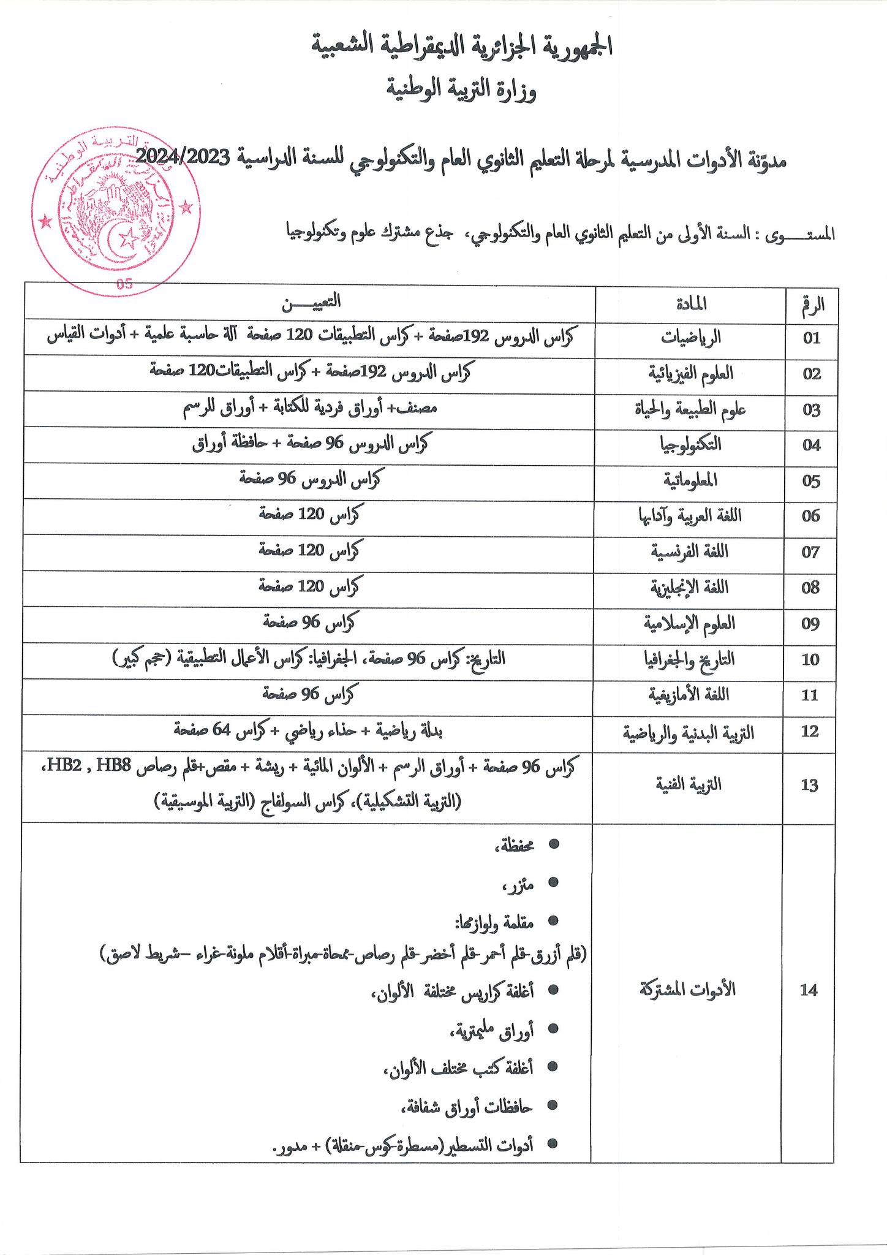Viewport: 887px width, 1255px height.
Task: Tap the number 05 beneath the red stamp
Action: coord(124,284)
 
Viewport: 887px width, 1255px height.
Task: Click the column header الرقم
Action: coord(812,303)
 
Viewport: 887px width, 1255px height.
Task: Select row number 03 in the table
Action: coord(811,410)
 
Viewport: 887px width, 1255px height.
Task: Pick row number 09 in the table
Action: coord(811,624)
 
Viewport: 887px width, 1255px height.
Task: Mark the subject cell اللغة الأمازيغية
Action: coord(691,696)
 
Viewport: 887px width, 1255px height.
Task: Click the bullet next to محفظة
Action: coord(554,845)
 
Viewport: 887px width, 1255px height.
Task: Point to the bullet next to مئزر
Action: coord(554,882)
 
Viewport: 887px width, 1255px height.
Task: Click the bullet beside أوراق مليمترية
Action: coord(554,1029)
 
